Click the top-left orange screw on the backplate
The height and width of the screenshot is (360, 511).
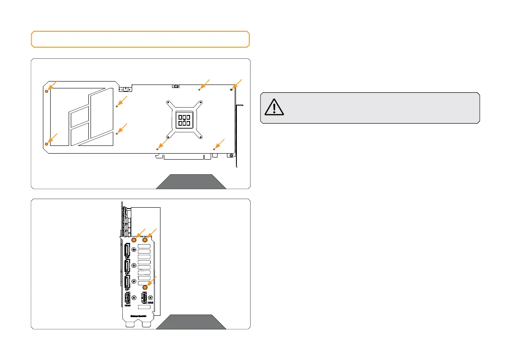click(x=46, y=91)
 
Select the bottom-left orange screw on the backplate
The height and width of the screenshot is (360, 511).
click(x=46, y=143)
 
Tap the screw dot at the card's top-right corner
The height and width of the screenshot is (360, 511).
click(x=232, y=90)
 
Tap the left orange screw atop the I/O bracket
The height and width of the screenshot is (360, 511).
click(x=135, y=240)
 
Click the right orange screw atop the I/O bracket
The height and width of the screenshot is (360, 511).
click(x=145, y=240)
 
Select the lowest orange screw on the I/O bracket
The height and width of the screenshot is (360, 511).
click(x=145, y=287)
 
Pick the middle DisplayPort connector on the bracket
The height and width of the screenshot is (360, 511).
click(x=127, y=266)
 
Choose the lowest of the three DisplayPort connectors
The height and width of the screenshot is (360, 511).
click(x=127, y=282)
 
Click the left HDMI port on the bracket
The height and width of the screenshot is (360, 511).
click(x=127, y=299)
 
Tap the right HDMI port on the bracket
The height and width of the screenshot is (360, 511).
click(x=144, y=297)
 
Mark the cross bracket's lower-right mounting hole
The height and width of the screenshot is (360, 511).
click(x=200, y=137)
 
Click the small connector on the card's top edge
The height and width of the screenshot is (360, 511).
click(x=175, y=86)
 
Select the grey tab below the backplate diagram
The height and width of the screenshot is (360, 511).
click(x=191, y=182)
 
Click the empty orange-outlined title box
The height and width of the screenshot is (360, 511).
click(x=140, y=39)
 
